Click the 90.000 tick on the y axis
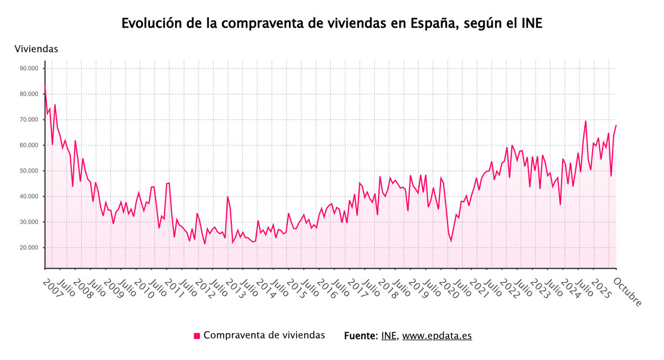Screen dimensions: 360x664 [29, 69]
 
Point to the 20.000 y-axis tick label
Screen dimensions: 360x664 [29, 248]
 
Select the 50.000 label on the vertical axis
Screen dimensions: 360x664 [29, 171]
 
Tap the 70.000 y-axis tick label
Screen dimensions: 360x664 [29, 119]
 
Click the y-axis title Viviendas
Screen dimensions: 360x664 [36, 49]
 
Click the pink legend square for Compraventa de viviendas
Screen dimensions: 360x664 [196, 336]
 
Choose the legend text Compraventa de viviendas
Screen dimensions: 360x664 [264, 335]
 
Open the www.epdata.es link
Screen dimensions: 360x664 [437, 336]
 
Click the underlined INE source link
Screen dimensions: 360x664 [389, 336]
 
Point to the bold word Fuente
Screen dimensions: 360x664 [360, 336]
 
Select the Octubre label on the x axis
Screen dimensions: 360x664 [627, 291]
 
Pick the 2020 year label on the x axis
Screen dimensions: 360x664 [449, 288]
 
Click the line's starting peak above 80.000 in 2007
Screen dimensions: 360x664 [45, 85]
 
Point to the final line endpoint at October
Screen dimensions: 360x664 [616, 125]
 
